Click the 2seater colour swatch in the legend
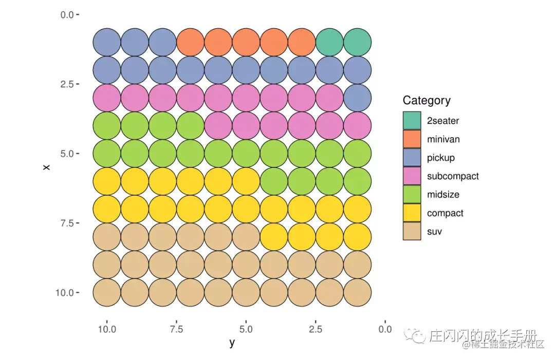click(412, 121)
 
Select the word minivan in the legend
click(443, 139)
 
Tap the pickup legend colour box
click(412, 158)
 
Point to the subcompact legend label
click(452, 176)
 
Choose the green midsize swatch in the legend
click(412, 195)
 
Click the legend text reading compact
click(445, 213)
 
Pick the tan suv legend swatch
click(412, 232)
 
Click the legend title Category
click(427, 100)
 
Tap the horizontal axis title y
click(232, 343)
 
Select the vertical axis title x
click(47, 167)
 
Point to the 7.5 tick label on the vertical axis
click(67, 223)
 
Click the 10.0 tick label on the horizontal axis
click(107, 329)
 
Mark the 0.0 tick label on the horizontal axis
click(385, 329)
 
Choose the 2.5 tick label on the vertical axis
click(67, 84)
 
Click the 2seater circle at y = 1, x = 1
click(357, 42)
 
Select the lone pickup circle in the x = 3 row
click(357, 98)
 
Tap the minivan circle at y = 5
click(246, 42)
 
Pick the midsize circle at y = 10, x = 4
click(107, 125)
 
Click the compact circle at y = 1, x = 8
click(357, 237)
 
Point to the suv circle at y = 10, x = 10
click(107, 292)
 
